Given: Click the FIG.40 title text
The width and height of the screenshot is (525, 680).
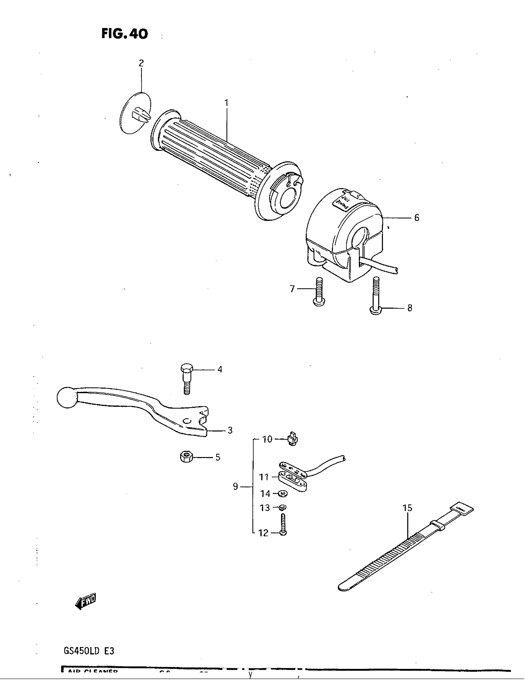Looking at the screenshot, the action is pos(124,34).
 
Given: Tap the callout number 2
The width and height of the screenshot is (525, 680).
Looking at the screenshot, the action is pos(141,63).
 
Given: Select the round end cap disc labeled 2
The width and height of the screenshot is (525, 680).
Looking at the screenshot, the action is pos(135,113).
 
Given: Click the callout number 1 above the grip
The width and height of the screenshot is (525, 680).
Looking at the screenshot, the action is pos(226,103).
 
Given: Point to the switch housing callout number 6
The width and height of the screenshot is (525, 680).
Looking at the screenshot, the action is pos(417,218).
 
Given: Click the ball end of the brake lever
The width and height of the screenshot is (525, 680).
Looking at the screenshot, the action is pos(67,397).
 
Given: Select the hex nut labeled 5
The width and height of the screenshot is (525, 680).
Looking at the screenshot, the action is pos(186,457).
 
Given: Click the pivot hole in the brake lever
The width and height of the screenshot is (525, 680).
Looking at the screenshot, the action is pos(186,421).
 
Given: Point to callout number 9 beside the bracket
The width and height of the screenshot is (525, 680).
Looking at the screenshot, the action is pos(235,486).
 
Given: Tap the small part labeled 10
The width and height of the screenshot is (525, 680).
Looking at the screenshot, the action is pos(292,439).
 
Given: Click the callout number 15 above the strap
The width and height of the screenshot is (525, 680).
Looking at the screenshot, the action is pos(407,508).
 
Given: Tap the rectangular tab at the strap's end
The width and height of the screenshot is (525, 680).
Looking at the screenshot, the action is pos(462,510).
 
